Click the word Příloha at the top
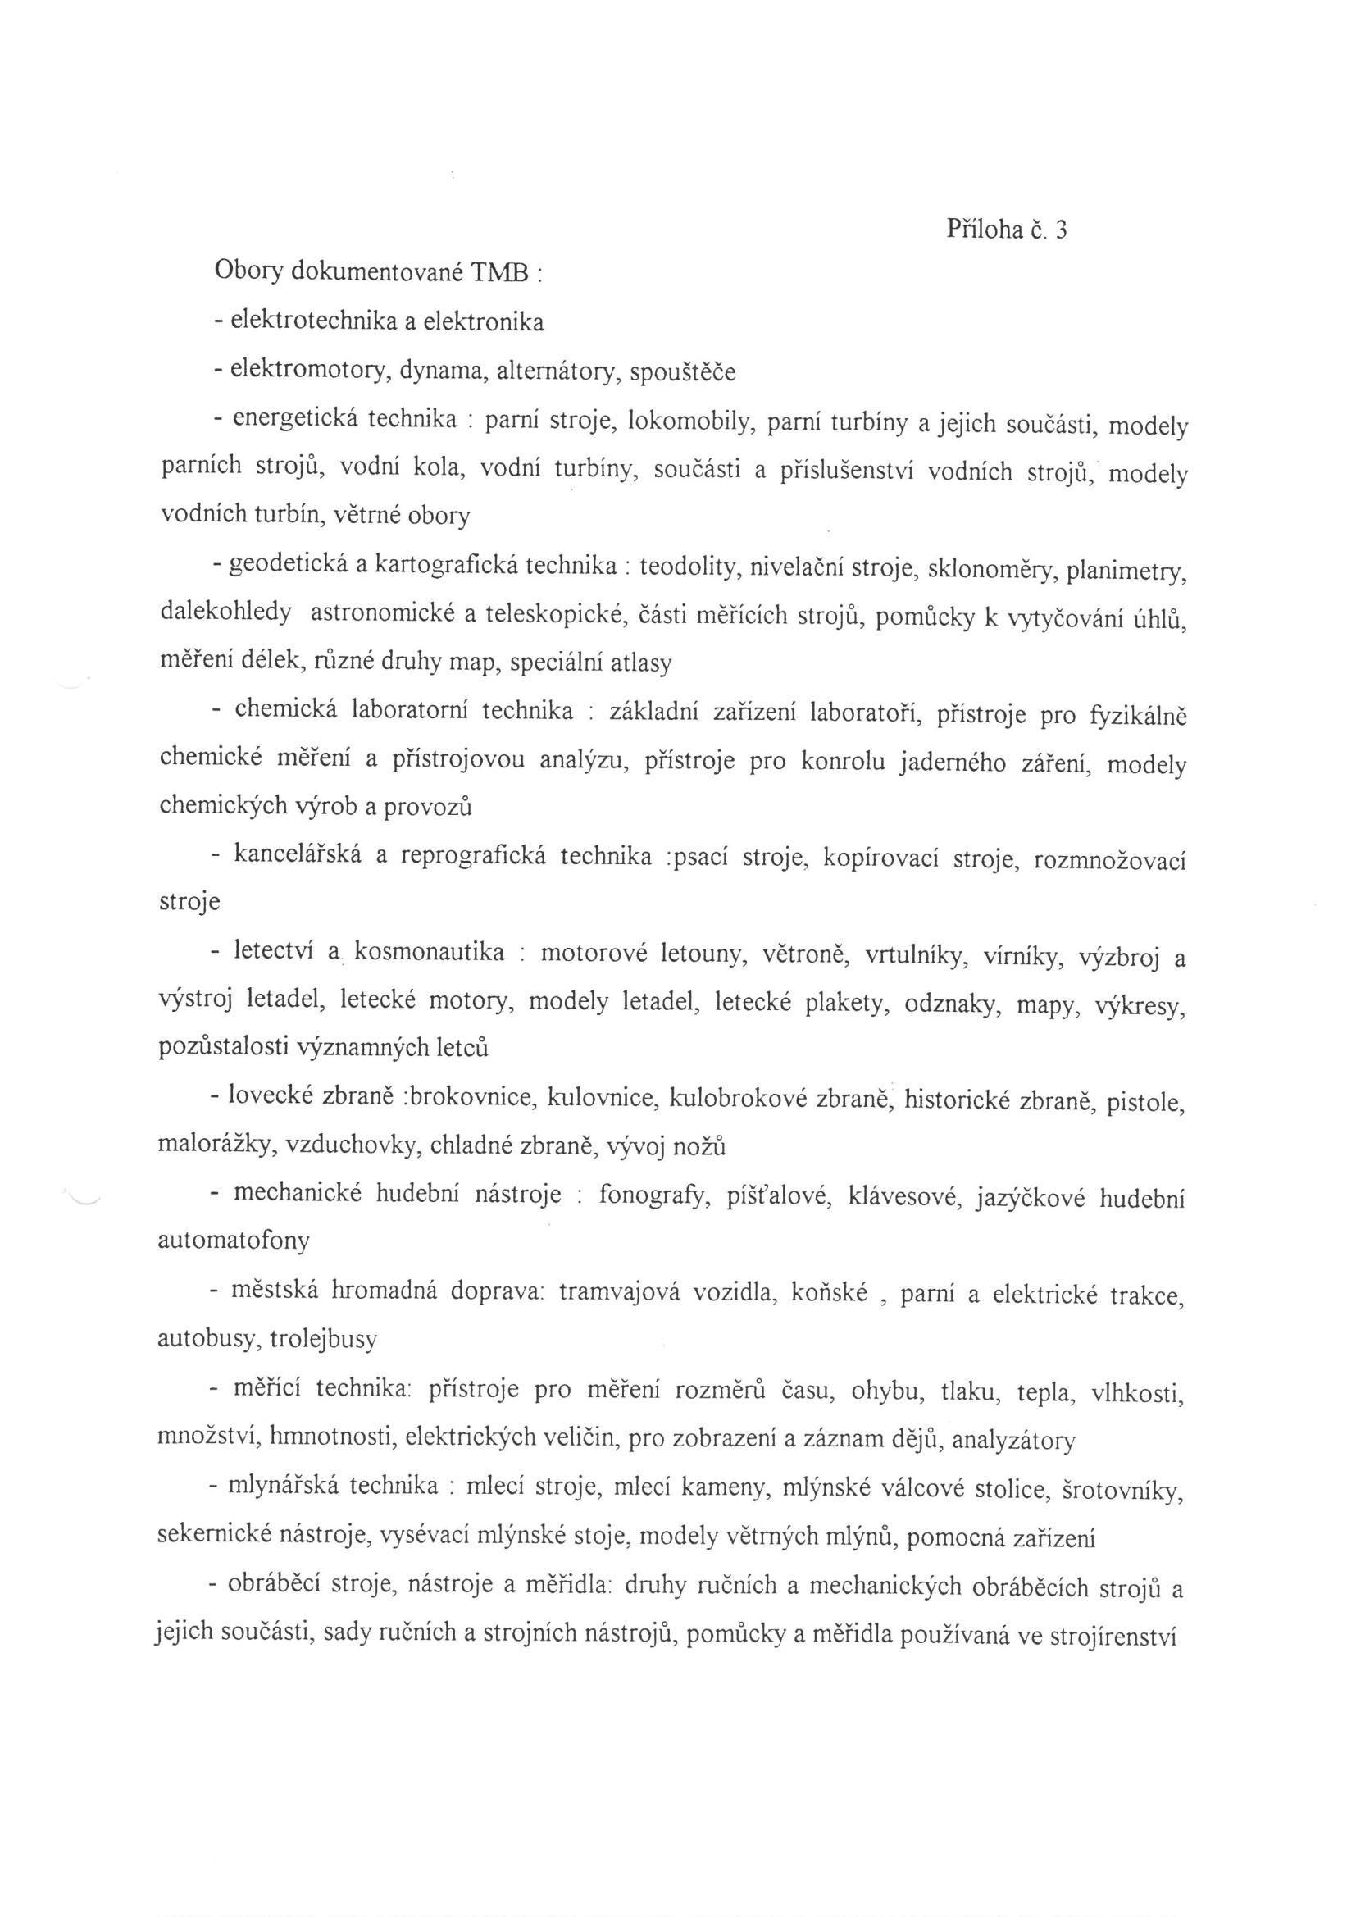tap(985, 229)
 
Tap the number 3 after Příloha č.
tap(1060, 230)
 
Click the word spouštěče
tap(682, 372)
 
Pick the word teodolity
tap(686, 568)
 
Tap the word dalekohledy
tap(225, 612)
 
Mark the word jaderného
tap(952, 763)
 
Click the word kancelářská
tap(298, 855)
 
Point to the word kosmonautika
tap(429, 953)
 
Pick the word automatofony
tap(233, 1241)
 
